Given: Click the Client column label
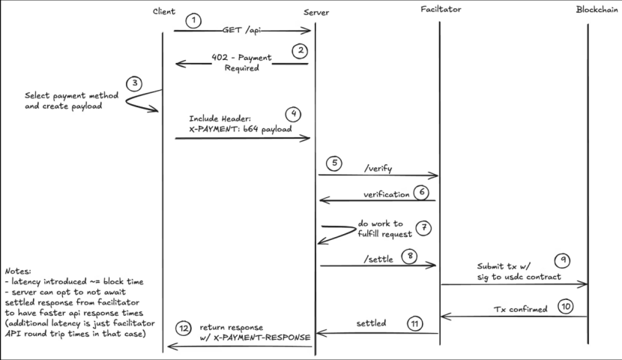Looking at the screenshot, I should tap(163, 11).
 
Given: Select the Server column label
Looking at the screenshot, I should tap(315, 12).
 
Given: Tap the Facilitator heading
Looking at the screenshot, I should tap(441, 10).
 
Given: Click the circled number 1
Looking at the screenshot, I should tap(194, 20).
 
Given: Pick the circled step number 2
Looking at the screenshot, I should tap(300, 51).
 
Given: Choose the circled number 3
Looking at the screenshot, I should tap(134, 84).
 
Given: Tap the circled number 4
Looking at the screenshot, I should tap(294, 115).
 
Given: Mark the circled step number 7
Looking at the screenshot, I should tap(424, 228).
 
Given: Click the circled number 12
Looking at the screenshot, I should tap(184, 328).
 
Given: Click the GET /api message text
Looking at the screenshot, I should tap(241, 31).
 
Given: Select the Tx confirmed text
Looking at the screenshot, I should tap(521, 308).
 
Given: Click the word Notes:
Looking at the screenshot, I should tap(19, 270).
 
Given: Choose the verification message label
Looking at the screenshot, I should tap(386, 194).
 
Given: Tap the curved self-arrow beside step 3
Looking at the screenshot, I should tap(139, 102).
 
